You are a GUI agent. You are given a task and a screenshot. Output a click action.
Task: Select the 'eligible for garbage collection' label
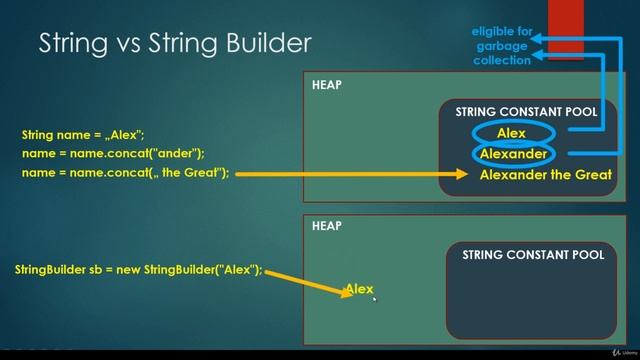[501, 46]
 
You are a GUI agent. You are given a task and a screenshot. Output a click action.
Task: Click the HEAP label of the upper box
[326, 85]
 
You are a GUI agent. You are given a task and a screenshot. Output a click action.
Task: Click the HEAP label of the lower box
[326, 226]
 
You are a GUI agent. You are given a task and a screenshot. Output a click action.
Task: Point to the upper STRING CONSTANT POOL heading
[526, 112]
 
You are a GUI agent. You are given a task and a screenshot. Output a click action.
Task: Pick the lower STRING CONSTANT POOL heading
[533, 255]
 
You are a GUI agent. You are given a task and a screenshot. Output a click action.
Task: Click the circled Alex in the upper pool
[511, 133]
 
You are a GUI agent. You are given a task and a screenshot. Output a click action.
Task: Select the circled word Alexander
[513, 154]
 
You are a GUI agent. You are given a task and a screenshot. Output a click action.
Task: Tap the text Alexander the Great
[545, 175]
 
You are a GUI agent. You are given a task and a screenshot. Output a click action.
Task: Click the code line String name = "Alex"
[76, 134]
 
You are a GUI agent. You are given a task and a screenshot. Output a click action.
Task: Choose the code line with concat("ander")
[113, 153]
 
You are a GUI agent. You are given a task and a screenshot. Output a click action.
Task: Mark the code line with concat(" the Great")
[125, 173]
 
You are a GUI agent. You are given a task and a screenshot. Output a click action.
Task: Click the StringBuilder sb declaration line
[139, 270]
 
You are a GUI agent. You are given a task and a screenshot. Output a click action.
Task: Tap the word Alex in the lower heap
[359, 289]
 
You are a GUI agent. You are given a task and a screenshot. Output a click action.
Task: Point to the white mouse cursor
[375, 298]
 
